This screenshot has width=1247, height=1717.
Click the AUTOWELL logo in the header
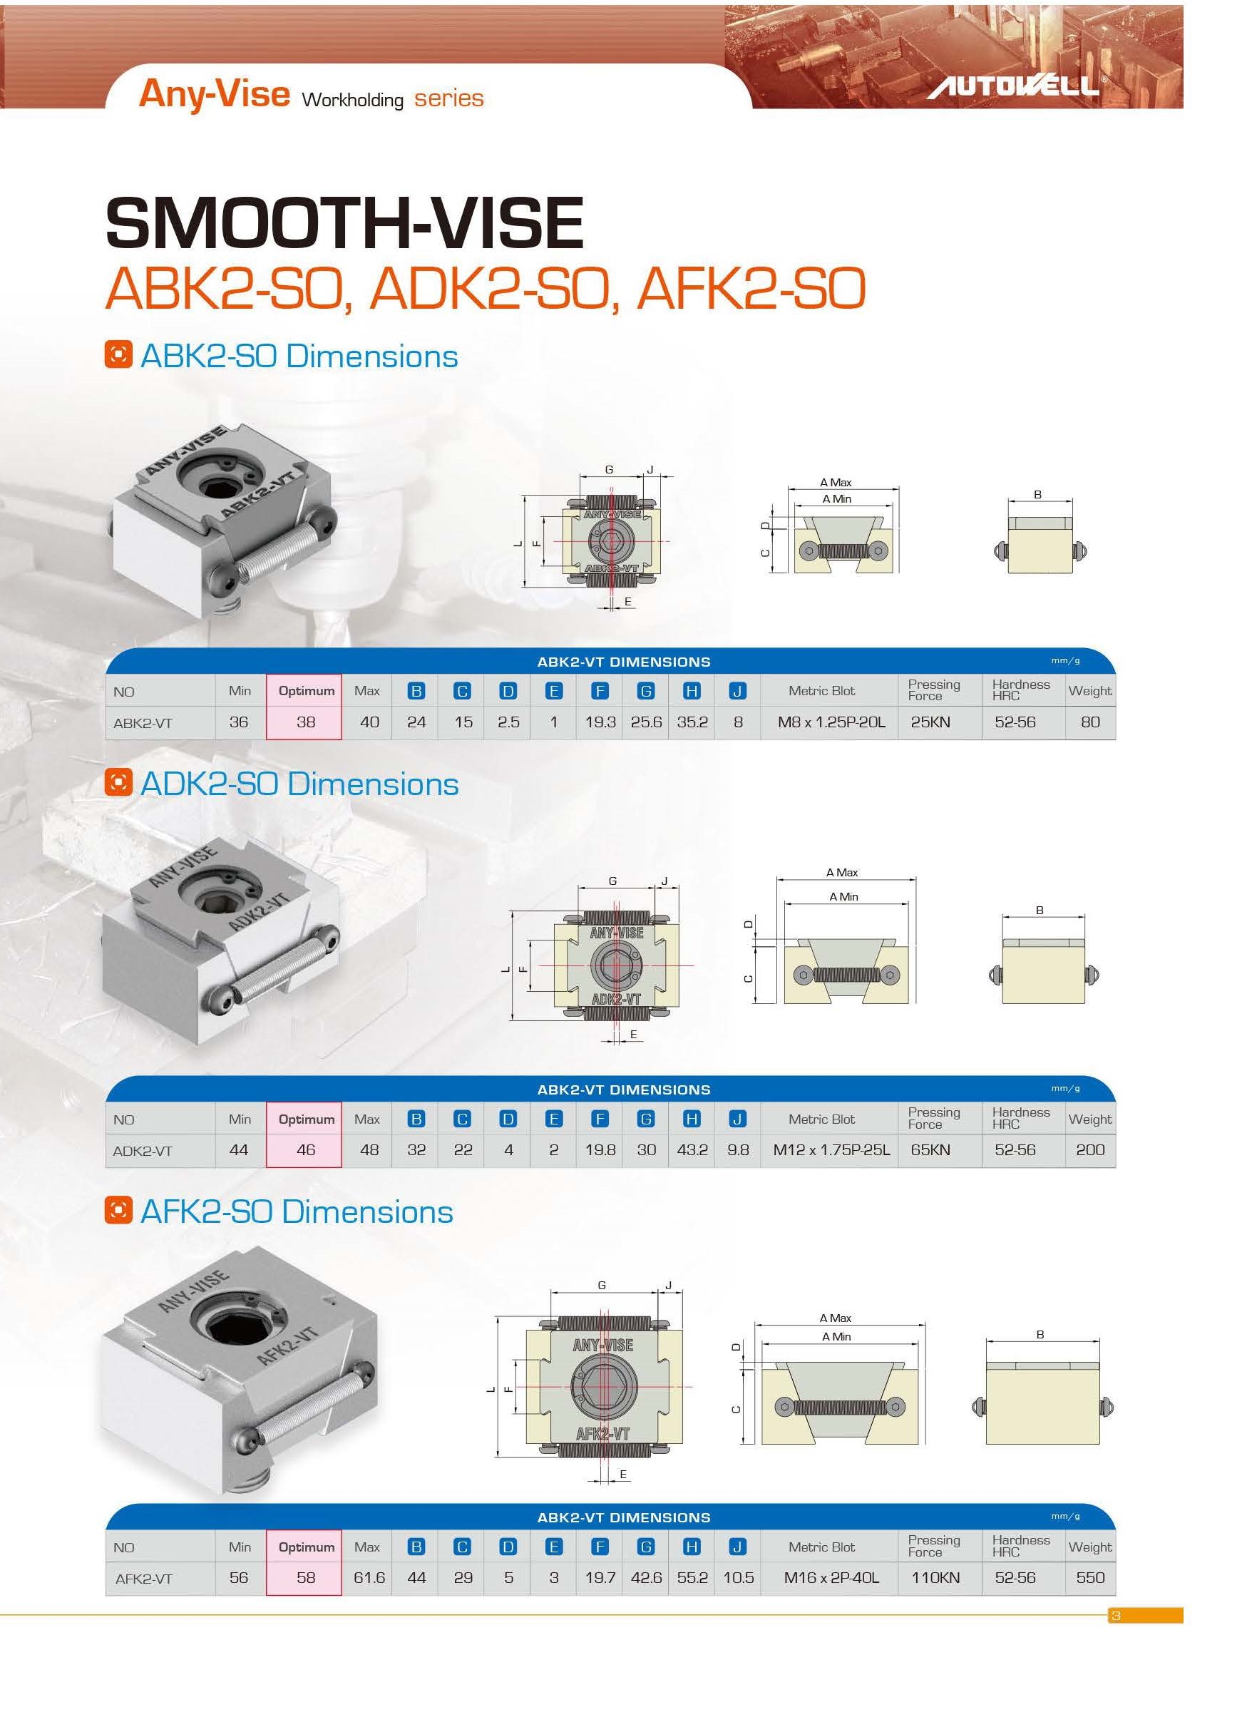point(1014,86)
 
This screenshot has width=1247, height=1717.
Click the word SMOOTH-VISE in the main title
point(344,222)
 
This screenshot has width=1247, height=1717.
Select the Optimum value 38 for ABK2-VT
point(305,722)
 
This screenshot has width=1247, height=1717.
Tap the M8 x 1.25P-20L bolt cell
point(831,722)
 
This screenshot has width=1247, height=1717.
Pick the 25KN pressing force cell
point(930,722)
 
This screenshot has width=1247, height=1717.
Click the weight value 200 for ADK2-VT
point(1089,1149)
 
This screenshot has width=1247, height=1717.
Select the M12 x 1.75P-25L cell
point(831,1149)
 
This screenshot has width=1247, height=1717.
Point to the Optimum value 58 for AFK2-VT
point(305,1577)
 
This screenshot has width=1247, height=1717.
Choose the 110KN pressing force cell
point(935,1577)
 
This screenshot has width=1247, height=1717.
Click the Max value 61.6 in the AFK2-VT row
point(369,1577)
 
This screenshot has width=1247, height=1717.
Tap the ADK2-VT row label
point(143,1151)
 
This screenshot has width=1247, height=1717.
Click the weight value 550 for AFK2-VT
point(1089,1577)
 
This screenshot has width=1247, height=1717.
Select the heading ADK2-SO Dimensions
point(299,784)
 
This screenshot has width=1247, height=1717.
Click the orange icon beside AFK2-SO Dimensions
point(118,1211)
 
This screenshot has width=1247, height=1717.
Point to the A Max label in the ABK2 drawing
point(835,482)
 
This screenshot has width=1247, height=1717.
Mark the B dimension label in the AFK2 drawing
point(1040,1334)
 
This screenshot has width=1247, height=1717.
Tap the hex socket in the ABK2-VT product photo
point(218,489)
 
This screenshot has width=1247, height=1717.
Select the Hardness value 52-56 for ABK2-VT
point(1014,722)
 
